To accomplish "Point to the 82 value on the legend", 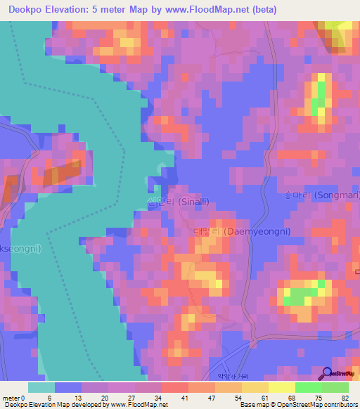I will (x=345, y=397).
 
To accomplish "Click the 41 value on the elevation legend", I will (x=184, y=397).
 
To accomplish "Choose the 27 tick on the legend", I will (x=131, y=397).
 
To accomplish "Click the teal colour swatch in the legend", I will (x=41, y=387).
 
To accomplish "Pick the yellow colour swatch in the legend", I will (x=281, y=387).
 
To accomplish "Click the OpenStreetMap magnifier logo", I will (x=326, y=373).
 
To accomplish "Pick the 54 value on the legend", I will (x=238, y=397).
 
